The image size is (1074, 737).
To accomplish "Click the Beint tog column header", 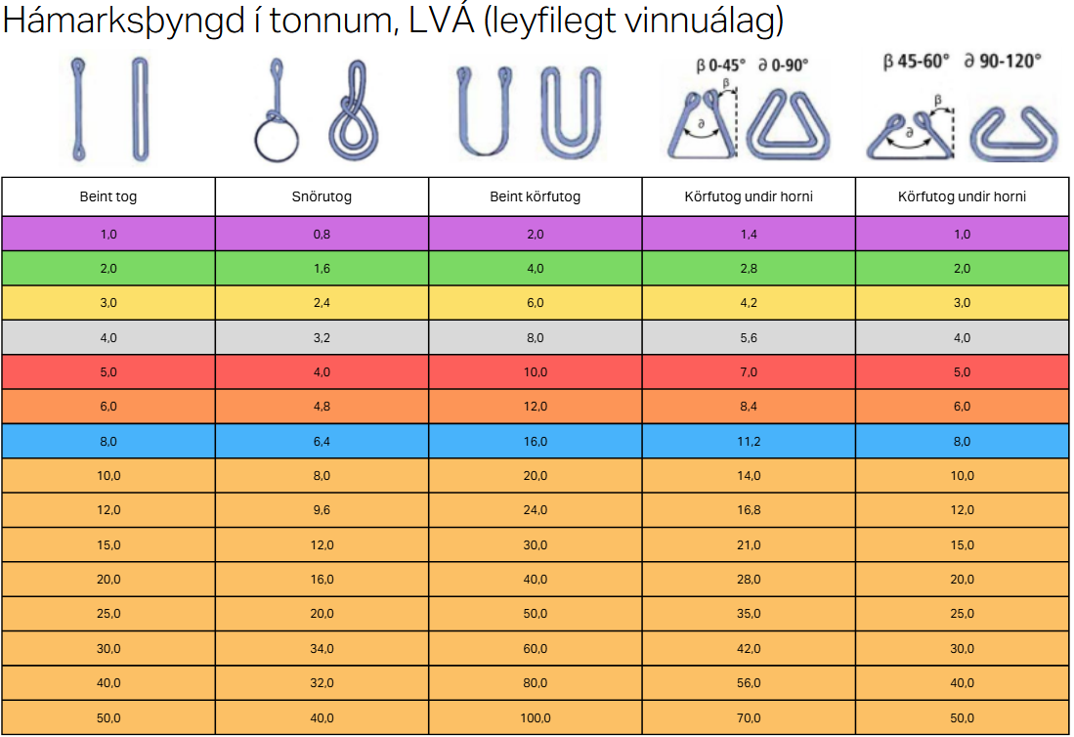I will tap(108, 196).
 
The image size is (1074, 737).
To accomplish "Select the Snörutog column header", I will tap(322, 196).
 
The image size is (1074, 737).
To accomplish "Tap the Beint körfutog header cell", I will tap(536, 196).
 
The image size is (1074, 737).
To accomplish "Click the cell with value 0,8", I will tap(322, 234).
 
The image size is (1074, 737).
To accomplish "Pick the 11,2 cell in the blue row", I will tap(749, 442).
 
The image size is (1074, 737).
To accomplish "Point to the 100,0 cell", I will tap(536, 718).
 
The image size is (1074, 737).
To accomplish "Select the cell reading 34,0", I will tap(322, 649).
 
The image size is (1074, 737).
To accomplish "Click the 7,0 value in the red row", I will tap(749, 372).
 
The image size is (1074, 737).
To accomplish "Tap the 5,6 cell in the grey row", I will tap(749, 338).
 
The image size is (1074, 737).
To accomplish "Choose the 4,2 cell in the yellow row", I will tap(749, 303).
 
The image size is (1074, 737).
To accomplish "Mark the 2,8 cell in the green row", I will tap(749, 269).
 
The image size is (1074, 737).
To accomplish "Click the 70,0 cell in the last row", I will tap(749, 718).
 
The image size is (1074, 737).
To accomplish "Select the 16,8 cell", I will tap(749, 510).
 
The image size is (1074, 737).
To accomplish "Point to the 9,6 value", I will tap(322, 510).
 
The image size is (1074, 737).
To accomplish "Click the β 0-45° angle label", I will tap(719, 65).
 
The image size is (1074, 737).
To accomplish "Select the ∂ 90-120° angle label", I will tap(1003, 61).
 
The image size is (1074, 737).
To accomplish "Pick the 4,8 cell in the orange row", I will tap(322, 407).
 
